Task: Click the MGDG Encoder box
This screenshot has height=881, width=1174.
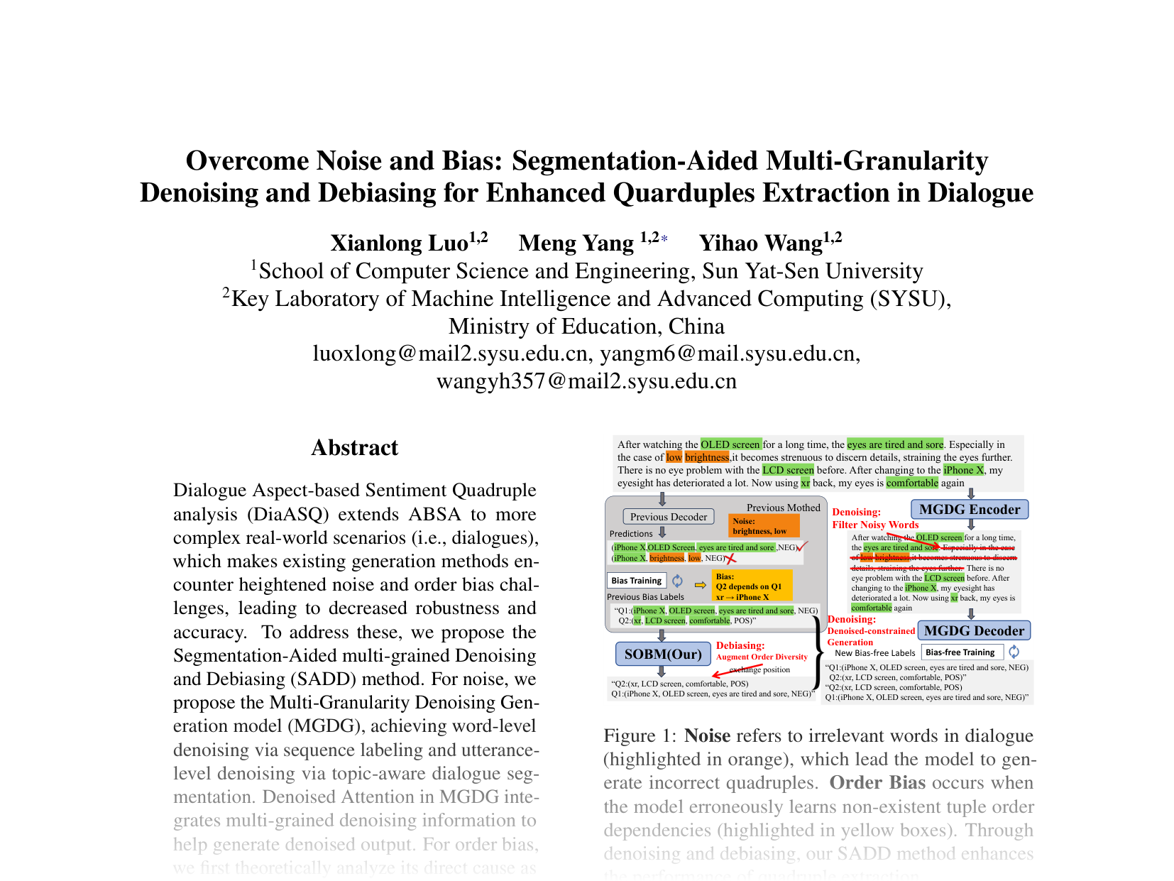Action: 969,510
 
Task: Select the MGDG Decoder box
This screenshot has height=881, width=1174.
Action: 973,630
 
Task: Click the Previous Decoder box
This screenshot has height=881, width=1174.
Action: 668,517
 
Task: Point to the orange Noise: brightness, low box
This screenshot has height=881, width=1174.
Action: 764,526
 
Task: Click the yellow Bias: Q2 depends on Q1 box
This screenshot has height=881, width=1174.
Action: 752,586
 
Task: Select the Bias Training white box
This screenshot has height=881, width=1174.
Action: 636,581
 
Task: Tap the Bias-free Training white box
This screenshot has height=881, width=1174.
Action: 961,652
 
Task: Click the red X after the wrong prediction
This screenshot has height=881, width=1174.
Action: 730,559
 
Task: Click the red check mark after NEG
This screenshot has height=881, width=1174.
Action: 803,547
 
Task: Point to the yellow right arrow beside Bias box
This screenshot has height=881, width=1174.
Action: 700,585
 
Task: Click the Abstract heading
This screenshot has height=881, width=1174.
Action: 354,448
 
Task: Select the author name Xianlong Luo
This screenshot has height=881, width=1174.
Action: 399,243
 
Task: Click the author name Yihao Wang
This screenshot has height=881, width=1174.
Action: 760,243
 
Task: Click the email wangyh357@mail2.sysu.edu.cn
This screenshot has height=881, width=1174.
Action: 586,381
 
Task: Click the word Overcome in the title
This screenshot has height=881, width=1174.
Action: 247,161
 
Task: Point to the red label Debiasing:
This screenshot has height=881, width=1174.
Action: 740,645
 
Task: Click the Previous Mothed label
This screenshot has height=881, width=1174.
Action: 783,508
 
